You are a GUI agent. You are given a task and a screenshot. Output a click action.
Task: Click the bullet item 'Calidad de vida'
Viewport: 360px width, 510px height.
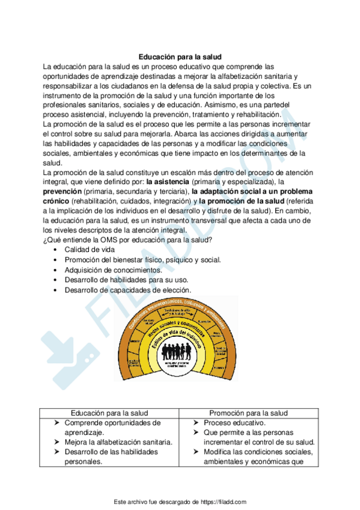click(91, 250)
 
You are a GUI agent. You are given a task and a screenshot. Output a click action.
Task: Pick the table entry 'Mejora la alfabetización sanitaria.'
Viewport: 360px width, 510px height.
click(118, 442)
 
